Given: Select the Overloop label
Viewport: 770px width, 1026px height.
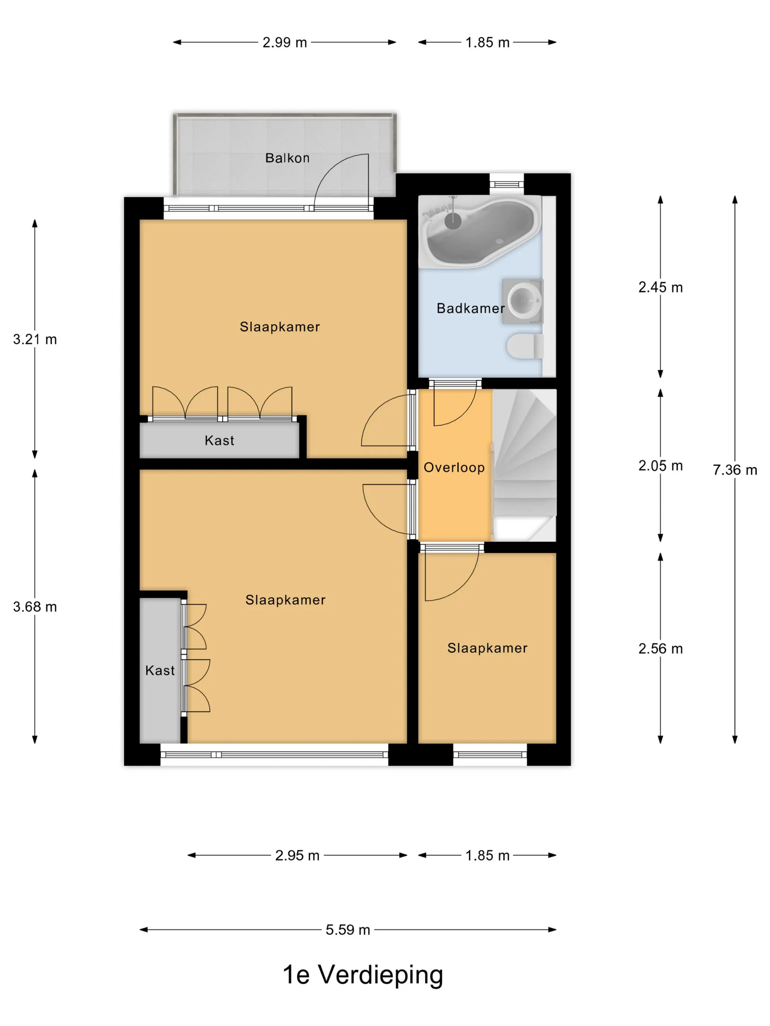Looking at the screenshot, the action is coord(454,468).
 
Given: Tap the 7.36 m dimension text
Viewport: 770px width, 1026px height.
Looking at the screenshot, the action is coord(735,470).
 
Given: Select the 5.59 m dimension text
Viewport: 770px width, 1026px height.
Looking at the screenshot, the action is coord(348,930).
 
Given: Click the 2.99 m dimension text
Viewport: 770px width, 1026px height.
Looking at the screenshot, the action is coord(285,42).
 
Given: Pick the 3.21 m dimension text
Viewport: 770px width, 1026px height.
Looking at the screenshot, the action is coord(35,340).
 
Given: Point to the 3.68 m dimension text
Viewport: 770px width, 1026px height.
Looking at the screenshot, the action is coord(35,607).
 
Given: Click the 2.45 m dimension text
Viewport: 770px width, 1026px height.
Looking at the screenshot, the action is coord(660,288).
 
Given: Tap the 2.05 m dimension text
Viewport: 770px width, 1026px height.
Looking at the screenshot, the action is coord(660,466).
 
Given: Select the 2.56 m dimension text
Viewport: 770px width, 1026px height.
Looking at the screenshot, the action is coord(660,649).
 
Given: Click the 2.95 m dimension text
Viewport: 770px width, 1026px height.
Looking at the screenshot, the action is coord(297,855).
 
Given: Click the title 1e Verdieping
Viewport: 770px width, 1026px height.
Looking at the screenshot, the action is coord(363,976).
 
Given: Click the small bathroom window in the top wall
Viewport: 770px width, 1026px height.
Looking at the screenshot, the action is coord(506,184).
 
